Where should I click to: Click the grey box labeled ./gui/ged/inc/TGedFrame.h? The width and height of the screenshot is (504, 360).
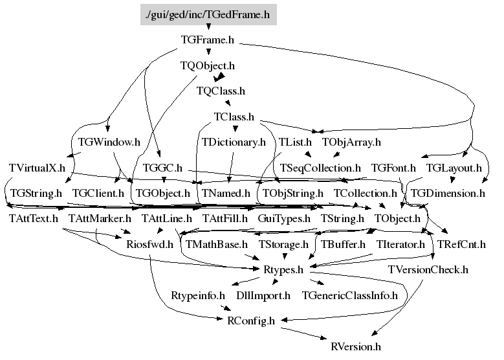pos(208,14)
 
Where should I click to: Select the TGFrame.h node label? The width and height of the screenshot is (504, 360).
pos(207,40)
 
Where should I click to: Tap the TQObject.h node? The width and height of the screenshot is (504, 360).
pos(207,65)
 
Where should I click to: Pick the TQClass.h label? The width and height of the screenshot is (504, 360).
pos(221,91)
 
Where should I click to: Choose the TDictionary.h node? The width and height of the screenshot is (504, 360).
pos(234,142)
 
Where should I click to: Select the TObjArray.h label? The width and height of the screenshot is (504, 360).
pos(351,142)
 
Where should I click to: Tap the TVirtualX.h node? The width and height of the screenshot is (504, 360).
pos(38,168)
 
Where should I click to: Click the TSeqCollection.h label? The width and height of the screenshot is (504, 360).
pos(320,168)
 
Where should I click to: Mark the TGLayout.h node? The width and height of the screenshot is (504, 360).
pos(454,168)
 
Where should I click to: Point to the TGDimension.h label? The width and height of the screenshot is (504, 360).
pos(448,193)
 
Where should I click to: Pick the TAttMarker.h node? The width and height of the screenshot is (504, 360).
pos(96,218)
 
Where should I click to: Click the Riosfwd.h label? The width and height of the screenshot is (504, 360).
pos(150,244)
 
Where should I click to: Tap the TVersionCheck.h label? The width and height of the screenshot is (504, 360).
pos(428,269)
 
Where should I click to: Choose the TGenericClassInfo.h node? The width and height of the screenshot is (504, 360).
pos(353,295)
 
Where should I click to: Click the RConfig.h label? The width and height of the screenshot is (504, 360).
pos(250,321)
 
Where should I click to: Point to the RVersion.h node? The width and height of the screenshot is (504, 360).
pos(355,346)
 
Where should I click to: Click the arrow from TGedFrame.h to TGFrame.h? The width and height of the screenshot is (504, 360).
pos(208,28)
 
